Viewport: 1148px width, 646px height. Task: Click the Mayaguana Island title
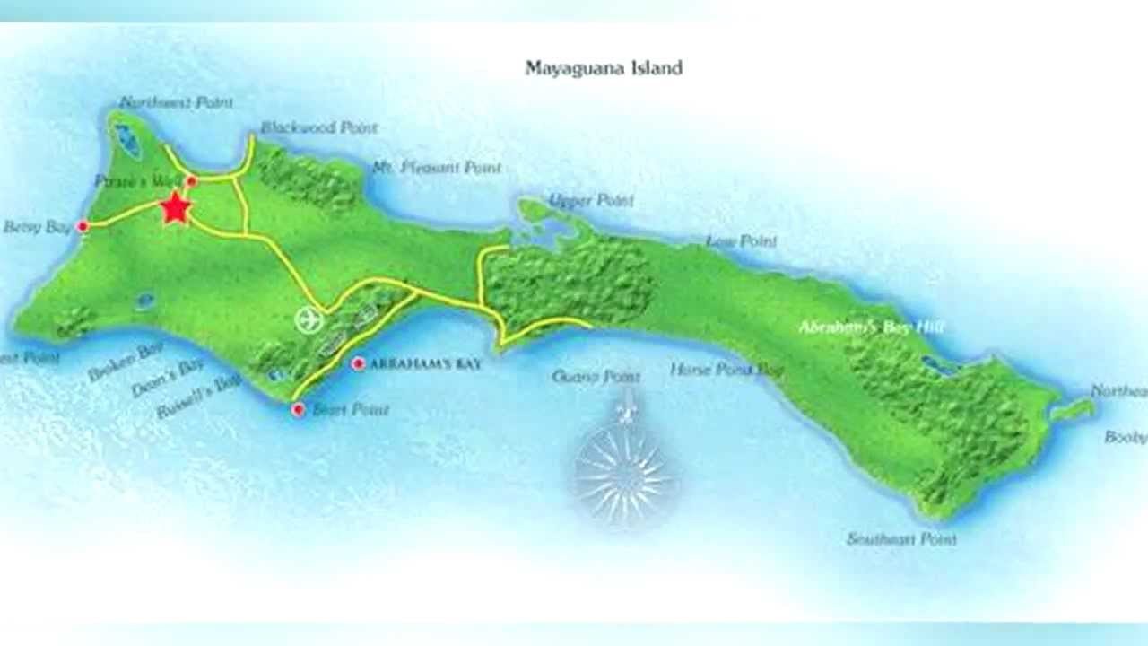pyautogui.click(x=604, y=68)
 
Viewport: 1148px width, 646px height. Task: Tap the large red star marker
pyautogui.click(x=176, y=209)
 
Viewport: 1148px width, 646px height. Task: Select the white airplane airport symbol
pyautogui.click(x=309, y=320)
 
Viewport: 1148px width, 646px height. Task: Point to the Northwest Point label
pyautogui.click(x=176, y=102)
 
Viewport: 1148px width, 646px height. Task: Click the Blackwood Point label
pyautogui.click(x=318, y=128)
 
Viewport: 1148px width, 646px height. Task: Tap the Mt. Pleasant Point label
pyautogui.click(x=437, y=168)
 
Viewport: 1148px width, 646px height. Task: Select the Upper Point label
pyautogui.click(x=591, y=200)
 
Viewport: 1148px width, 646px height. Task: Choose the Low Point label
pyautogui.click(x=741, y=241)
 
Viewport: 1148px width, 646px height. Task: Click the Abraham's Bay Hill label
pyautogui.click(x=871, y=327)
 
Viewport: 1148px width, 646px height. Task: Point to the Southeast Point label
pyautogui.click(x=901, y=539)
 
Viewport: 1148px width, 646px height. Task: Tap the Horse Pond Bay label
pyautogui.click(x=726, y=370)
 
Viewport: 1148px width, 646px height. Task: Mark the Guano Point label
pyautogui.click(x=596, y=377)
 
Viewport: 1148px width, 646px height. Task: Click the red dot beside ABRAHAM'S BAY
pyautogui.click(x=358, y=363)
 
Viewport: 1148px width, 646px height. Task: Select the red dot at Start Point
pyautogui.click(x=298, y=410)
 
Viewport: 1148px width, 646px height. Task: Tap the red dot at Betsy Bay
pyautogui.click(x=83, y=227)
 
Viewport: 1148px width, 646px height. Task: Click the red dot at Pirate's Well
pyautogui.click(x=191, y=181)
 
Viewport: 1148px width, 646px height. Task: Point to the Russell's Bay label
pyautogui.click(x=198, y=397)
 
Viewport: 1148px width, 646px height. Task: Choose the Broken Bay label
pyautogui.click(x=126, y=362)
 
